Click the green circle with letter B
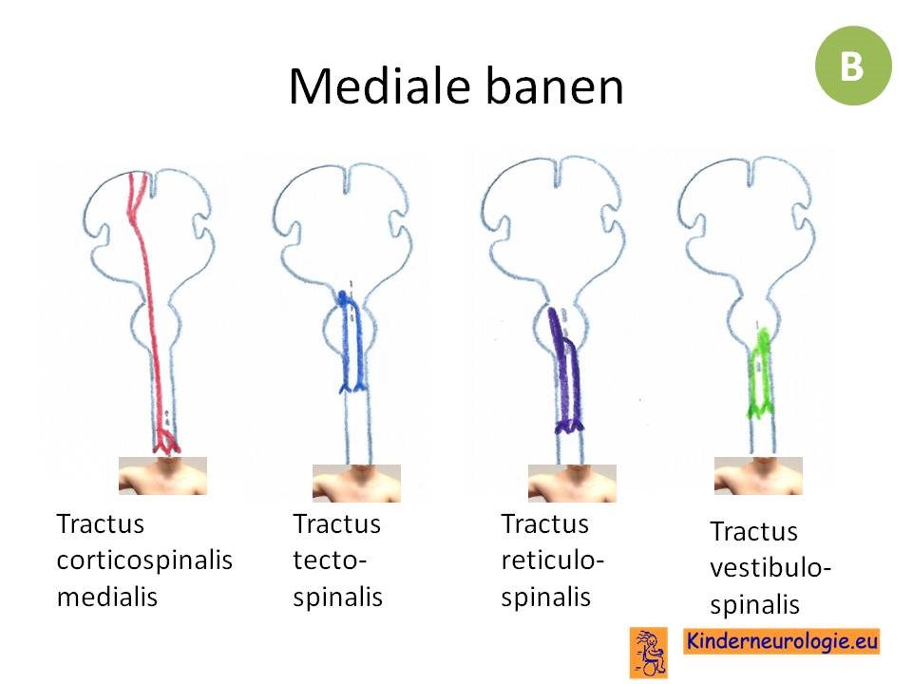(853, 66)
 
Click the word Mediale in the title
(379, 86)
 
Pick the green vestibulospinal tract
(760, 372)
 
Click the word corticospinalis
(144, 560)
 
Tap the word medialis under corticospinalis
(107, 597)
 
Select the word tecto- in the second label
(330, 560)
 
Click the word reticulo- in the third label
(553, 560)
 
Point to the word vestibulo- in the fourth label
(770, 568)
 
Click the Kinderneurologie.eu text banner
(782, 641)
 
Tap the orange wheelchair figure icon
(649, 653)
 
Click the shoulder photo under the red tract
(162, 476)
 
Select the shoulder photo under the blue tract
(356, 484)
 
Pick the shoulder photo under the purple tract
(572, 484)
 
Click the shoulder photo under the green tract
(758, 476)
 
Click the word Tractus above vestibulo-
(753, 531)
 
